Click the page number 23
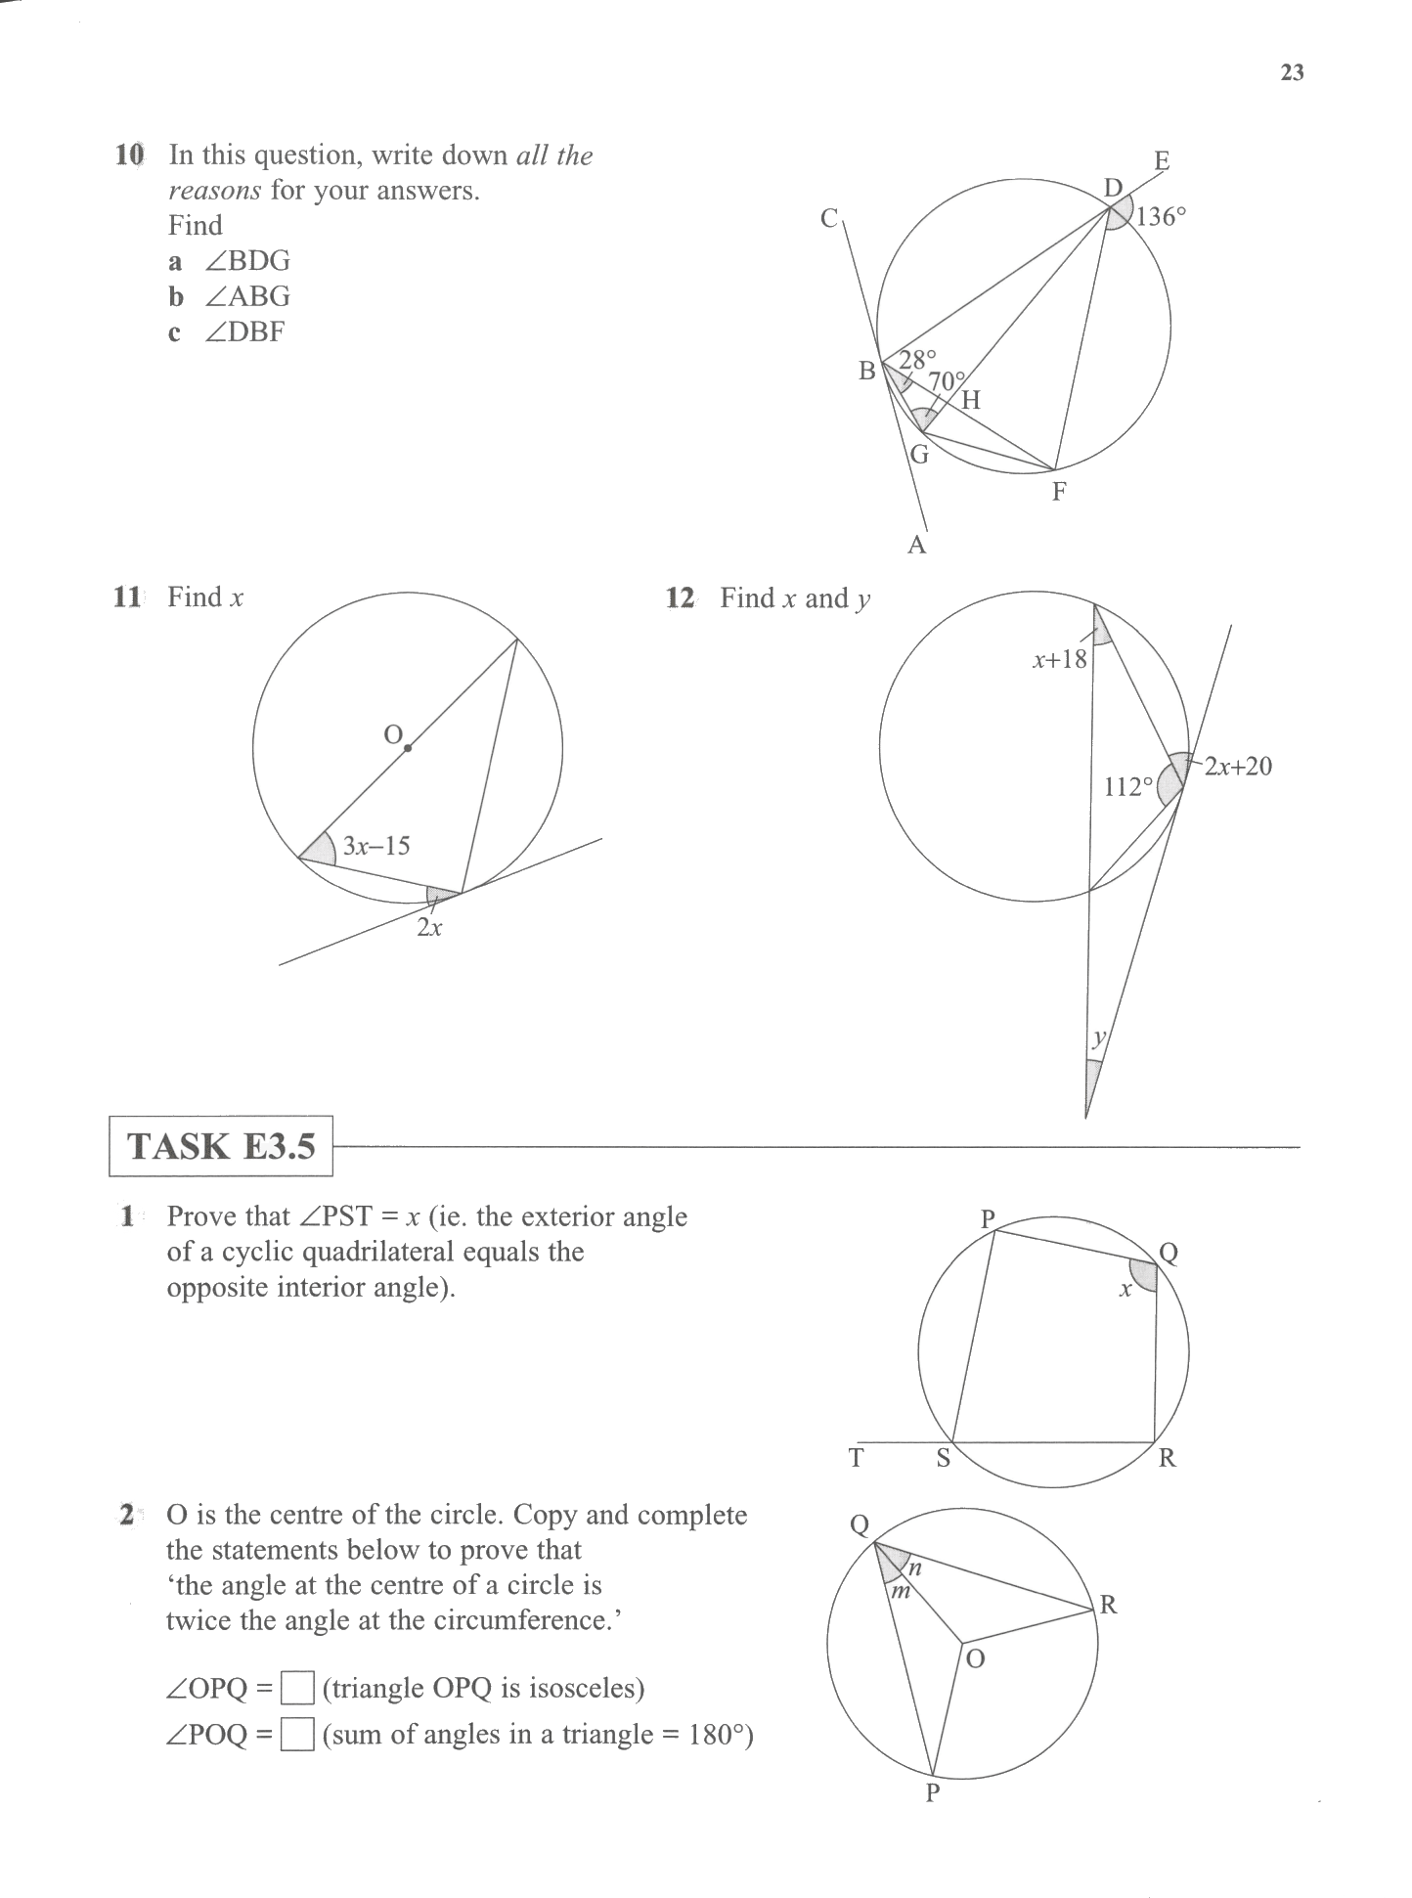(x=1292, y=73)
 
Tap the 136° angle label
(x=1161, y=216)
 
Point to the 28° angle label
(x=917, y=360)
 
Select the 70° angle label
(x=946, y=380)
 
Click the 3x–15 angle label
(x=376, y=846)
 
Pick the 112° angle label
(x=1128, y=787)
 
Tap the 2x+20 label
(x=1238, y=767)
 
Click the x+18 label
(x=1059, y=659)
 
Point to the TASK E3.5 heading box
(x=221, y=1146)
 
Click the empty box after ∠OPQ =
(x=297, y=1689)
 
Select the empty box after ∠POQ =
(x=297, y=1735)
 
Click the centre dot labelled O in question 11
(x=408, y=749)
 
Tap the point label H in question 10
(x=970, y=400)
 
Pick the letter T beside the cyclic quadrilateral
(x=857, y=1458)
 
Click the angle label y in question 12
(x=1098, y=1037)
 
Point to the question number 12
(x=680, y=598)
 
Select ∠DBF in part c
(x=245, y=332)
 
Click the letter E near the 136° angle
(x=1162, y=160)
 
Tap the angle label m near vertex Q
(x=900, y=1593)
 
